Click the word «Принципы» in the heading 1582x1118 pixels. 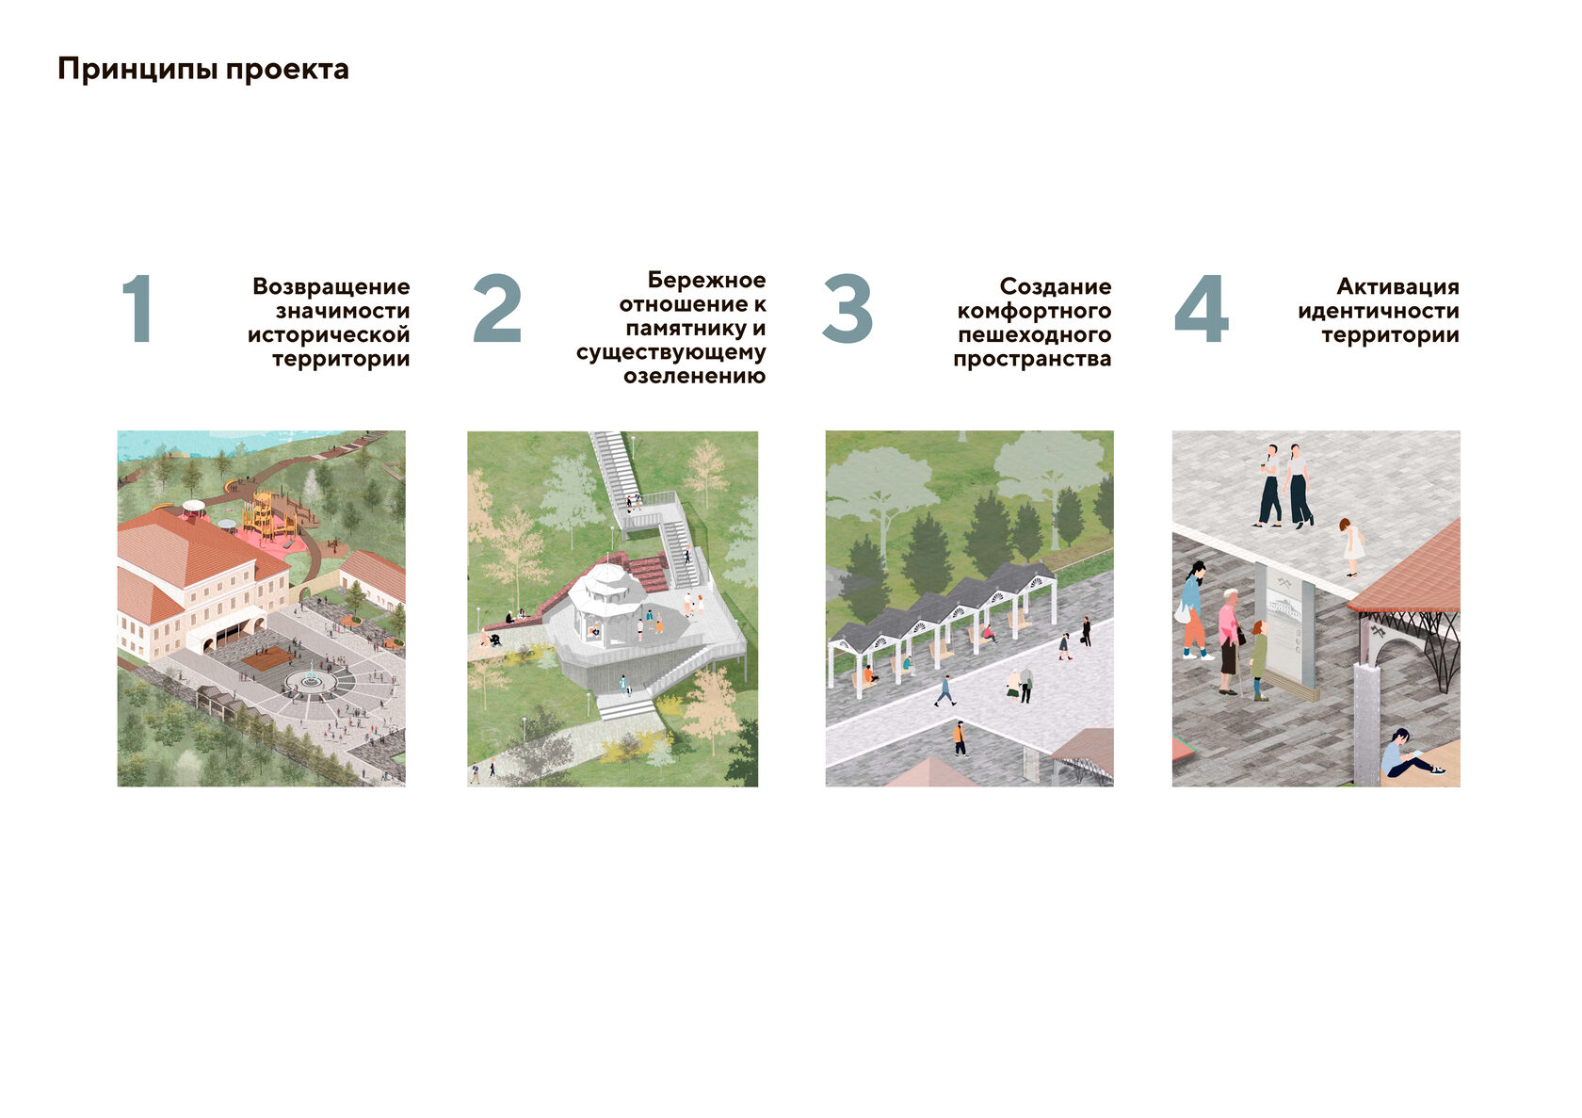coord(137,70)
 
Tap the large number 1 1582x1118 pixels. coord(137,309)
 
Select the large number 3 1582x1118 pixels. coord(847,309)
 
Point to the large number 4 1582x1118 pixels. coord(1202,309)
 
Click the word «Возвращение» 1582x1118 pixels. coord(331,286)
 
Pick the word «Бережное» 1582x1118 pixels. coord(706,280)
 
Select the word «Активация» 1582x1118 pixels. coord(1397,286)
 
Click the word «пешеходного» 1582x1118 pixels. coord(1035,334)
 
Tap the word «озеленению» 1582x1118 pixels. coord(694,376)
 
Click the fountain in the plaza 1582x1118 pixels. coord(310,679)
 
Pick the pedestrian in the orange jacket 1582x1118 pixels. coord(960,738)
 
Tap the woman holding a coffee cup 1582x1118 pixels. coord(1269,486)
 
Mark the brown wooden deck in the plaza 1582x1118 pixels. coord(267,658)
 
